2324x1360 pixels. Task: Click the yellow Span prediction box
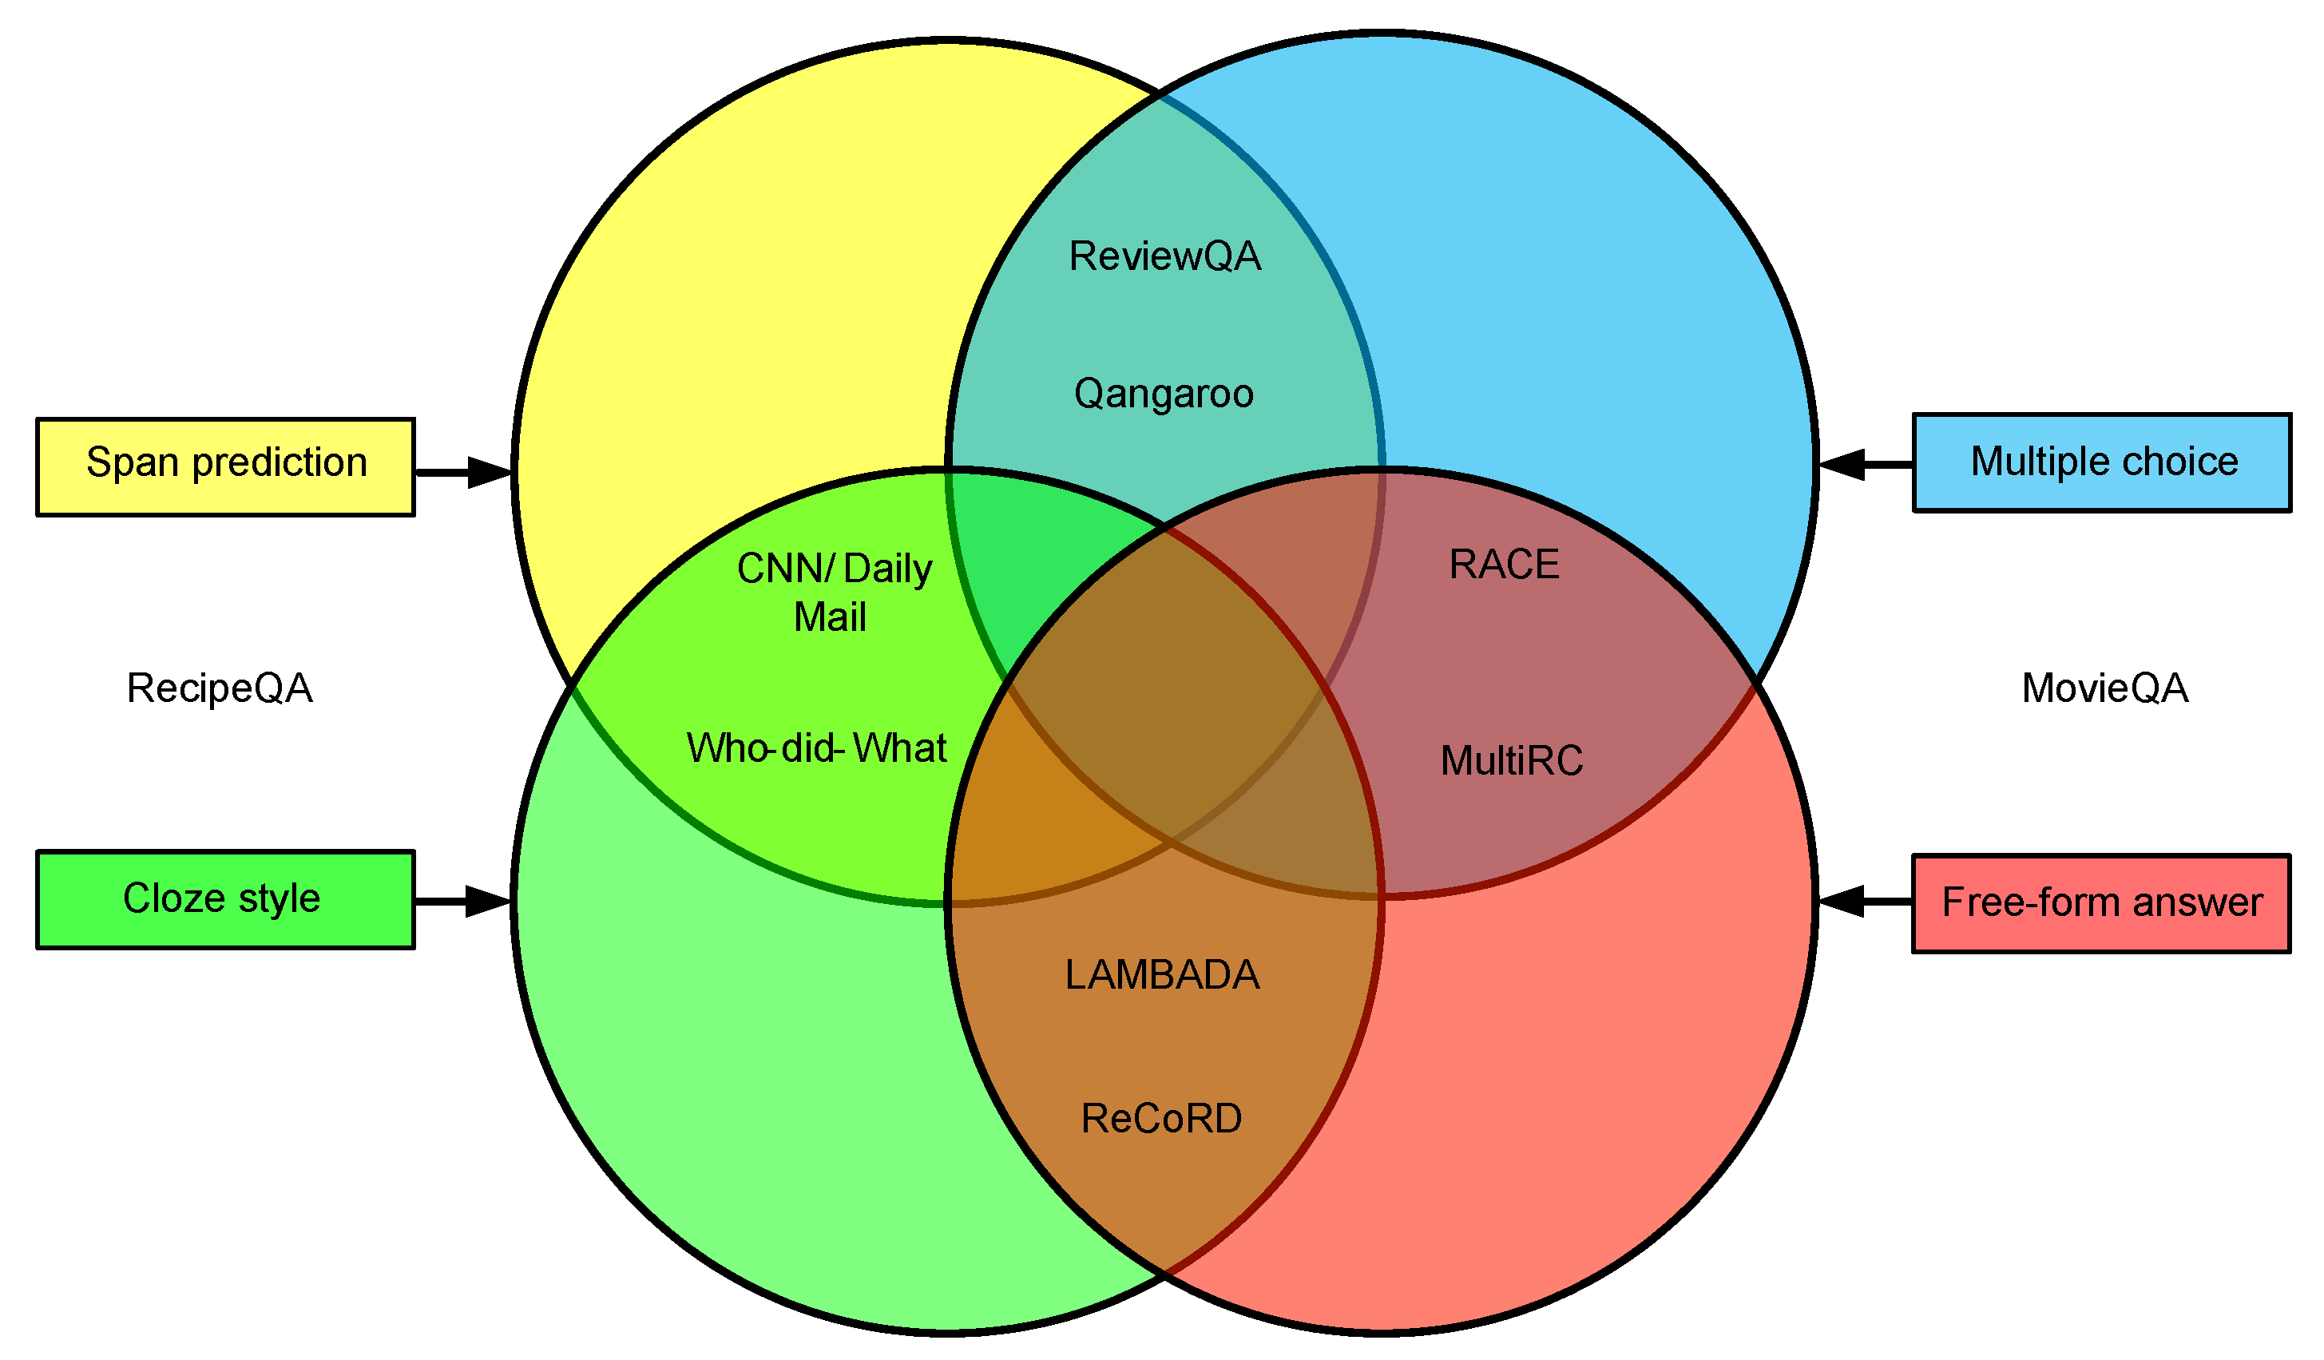pos(225,467)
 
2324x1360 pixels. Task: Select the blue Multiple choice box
pos(2102,463)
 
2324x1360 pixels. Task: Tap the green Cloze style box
pos(225,899)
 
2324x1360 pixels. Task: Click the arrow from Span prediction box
pos(463,472)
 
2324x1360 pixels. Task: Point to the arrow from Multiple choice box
pos(1865,464)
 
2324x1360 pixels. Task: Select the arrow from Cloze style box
pos(462,901)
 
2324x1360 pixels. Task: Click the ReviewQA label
pos(1164,256)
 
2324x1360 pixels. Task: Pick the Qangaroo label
pos(1164,394)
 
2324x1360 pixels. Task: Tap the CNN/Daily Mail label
pos(834,592)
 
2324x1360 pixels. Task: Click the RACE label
pos(1504,565)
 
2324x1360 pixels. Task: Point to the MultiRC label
pos(1512,761)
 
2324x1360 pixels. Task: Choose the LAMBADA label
pos(1162,974)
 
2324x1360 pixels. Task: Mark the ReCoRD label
pos(1161,1119)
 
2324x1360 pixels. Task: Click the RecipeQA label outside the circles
pos(220,688)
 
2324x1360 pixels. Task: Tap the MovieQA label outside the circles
pos(2104,688)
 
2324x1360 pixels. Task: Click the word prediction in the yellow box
pos(280,464)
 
